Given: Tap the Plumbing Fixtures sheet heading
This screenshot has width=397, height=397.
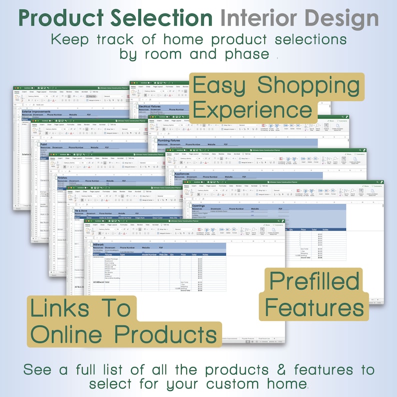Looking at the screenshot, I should pos(168,141).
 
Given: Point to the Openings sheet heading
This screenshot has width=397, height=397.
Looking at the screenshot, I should pos(198,205).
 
